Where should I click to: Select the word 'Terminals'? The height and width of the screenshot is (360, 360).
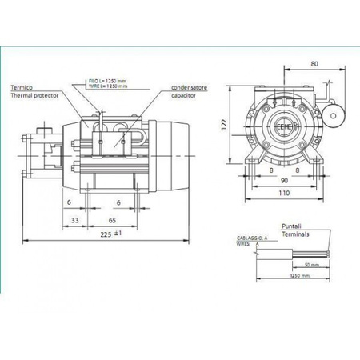click(x=298, y=234)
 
